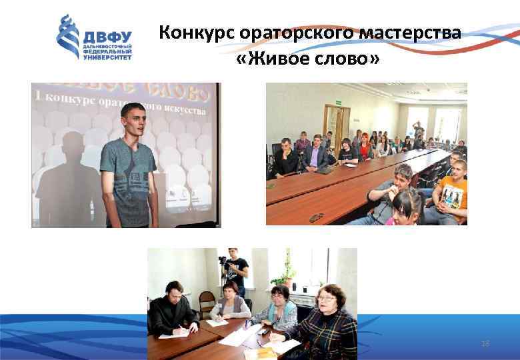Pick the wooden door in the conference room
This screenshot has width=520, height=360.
[337, 127]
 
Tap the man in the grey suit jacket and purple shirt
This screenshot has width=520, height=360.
[315, 154]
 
